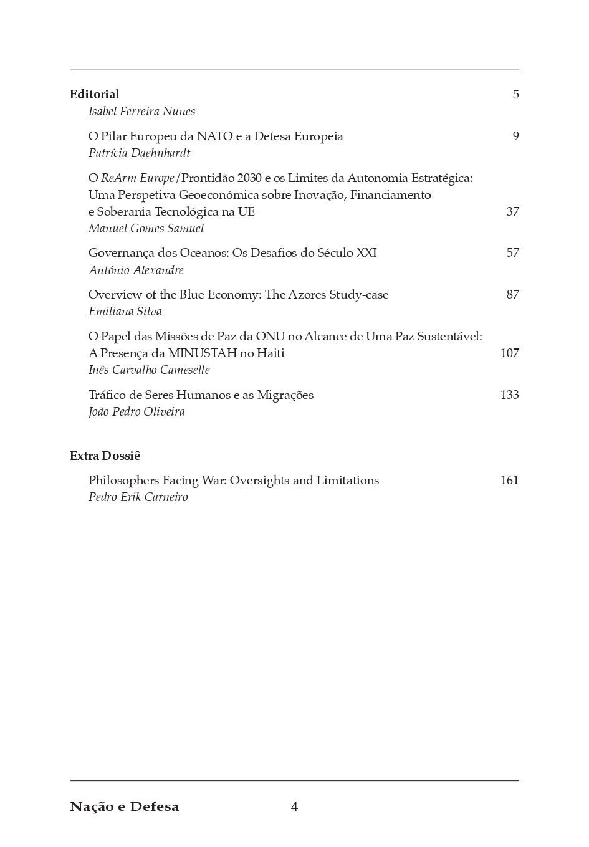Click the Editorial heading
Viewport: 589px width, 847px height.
[x=94, y=94]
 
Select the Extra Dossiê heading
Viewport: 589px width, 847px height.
[x=105, y=456]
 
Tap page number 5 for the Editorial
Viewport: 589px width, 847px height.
[x=515, y=94]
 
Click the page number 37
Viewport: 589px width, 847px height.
[x=512, y=211]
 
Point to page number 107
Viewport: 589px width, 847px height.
[x=509, y=353]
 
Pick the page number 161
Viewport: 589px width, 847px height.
[x=509, y=480]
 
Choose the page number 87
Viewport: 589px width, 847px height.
[x=512, y=294]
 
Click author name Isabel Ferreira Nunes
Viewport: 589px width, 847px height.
[x=141, y=112]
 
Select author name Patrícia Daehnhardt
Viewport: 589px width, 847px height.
[x=139, y=153]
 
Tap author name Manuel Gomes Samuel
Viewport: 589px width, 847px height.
[x=146, y=229]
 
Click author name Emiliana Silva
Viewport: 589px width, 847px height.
[x=125, y=312]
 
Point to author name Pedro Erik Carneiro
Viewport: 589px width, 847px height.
[x=138, y=497]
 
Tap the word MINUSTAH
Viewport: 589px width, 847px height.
[x=203, y=353]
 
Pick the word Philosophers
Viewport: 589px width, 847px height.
[x=123, y=480]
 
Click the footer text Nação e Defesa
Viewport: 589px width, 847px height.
[x=124, y=806]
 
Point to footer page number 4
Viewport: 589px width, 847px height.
[x=294, y=807]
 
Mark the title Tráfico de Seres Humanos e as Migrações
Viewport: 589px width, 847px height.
[x=201, y=395]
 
